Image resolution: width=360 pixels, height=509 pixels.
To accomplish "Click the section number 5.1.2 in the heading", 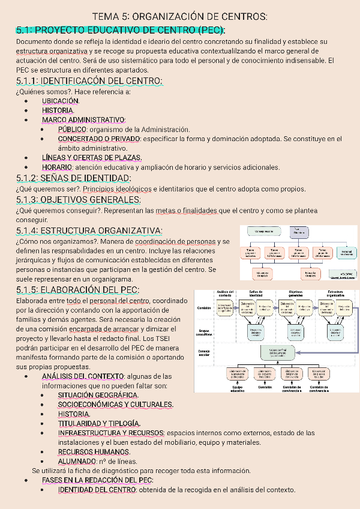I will point(28,178).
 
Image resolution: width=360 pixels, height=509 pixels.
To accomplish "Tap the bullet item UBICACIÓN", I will point(61,101).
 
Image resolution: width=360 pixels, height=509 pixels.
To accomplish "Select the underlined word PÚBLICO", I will point(73,129).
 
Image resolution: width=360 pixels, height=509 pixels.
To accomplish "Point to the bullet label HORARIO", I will point(57,167).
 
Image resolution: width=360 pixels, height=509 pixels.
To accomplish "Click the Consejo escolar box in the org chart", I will point(260,231).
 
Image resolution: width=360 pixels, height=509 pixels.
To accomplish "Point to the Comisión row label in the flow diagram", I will point(204,307).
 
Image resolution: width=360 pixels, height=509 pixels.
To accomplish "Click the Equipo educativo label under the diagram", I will point(238,388).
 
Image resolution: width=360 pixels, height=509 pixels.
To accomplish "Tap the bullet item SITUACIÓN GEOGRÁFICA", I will point(98,396).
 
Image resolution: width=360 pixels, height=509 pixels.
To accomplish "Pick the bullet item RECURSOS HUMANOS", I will point(94,452).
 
